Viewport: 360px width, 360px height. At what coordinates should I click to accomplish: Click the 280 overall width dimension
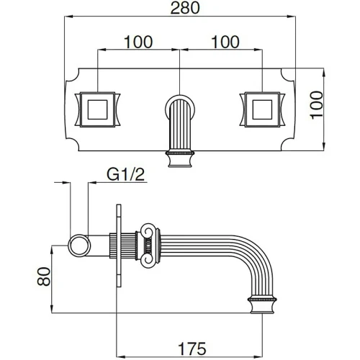(x=185, y=8)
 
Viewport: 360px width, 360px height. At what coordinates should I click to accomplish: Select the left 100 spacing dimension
(x=138, y=42)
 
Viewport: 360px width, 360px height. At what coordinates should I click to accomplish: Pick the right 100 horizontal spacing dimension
(x=225, y=42)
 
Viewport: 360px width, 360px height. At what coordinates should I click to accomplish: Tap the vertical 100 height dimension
(x=317, y=105)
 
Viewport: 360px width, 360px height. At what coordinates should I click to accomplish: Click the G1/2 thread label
(x=126, y=174)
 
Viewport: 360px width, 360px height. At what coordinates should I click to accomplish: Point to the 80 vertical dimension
(x=44, y=276)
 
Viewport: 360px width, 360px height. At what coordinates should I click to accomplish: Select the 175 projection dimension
(x=192, y=348)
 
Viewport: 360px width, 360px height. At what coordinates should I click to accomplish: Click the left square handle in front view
(x=97, y=109)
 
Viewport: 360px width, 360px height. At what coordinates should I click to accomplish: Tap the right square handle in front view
(x=262, y=109)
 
